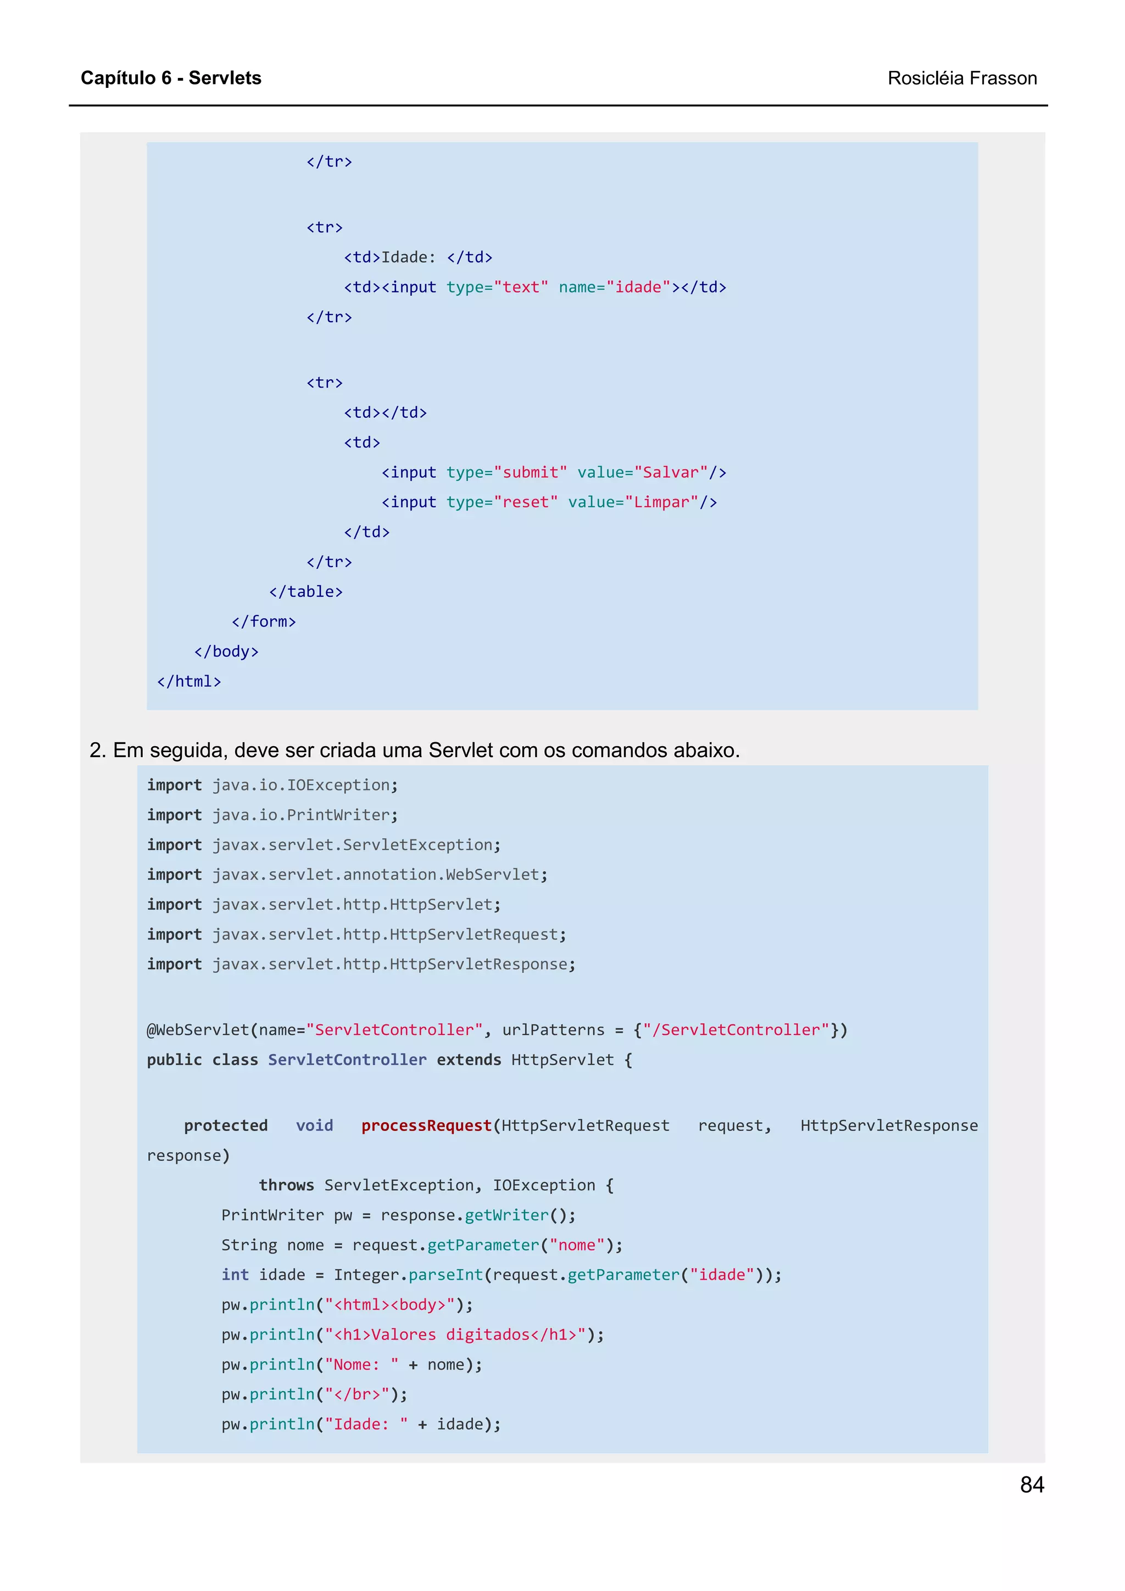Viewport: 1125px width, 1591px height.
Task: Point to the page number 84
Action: coord(1032,1484)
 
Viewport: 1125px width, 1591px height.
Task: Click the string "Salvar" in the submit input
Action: coord(670,473)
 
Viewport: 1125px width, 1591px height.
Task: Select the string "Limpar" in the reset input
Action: coord(661,502)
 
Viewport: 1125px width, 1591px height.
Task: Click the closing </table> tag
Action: coord(305,592)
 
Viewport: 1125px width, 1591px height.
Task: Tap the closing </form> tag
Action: coord(264,621)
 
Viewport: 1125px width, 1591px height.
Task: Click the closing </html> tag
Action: coord(188,681)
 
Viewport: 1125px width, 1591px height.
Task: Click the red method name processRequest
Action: coord(426,1125)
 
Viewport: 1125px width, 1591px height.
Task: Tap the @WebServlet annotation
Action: coord(198,1030)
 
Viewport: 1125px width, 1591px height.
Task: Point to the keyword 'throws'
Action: coord(286,1185)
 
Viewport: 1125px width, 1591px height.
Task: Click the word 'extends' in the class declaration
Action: coord(469,1060)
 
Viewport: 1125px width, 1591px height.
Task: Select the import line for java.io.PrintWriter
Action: coord(272,815)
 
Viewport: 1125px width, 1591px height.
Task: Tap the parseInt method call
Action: coord(445,1274)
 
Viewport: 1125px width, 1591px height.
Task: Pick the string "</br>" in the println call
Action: coord(357,1394)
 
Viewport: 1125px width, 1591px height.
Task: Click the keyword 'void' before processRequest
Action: coord(314,1125)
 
